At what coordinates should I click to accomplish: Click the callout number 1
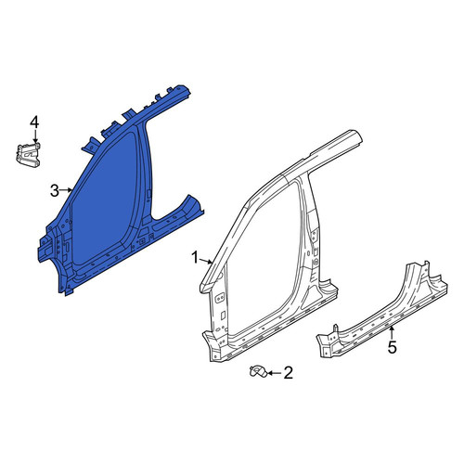(195, 258)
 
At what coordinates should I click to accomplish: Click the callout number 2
(288, 373)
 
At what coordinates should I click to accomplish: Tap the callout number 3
(55, 190)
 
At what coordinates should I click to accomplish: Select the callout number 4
(34, 122)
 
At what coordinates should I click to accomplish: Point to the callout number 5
(392, 347)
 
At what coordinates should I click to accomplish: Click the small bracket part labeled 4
(29, 154)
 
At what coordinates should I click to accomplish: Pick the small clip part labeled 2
(258, 371)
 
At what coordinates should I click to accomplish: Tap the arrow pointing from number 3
(66, 190)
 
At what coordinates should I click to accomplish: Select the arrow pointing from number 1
(206, 262)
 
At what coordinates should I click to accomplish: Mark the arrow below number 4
(35, 136)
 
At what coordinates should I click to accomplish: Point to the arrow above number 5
(392, 332)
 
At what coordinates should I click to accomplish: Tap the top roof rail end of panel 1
(355, 136)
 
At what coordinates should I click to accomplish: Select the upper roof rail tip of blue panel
(185, 89)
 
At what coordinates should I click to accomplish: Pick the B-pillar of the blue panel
(146, 174)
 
